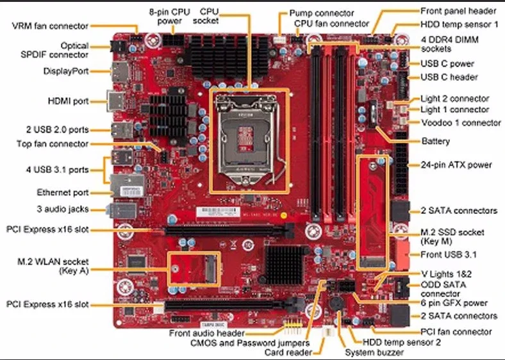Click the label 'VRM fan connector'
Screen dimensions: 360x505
50,26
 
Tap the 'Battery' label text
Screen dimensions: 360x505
435,141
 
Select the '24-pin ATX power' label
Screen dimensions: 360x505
456,165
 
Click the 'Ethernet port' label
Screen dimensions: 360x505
62,192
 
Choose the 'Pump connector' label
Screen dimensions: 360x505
321,13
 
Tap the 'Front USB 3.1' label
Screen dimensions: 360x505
447,254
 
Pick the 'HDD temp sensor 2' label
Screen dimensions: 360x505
401,342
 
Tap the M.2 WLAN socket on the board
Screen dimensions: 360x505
194,267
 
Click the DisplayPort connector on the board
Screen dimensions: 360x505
119,72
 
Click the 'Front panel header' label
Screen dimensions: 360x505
458,11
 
